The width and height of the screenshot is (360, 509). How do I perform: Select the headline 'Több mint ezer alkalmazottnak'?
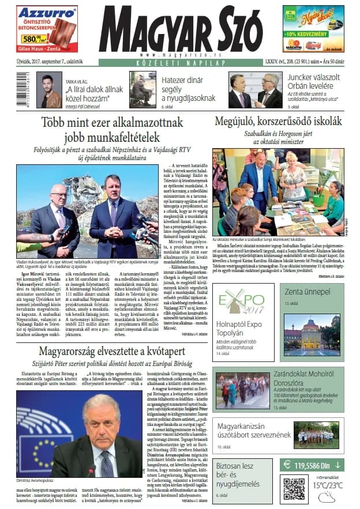coord(112,122)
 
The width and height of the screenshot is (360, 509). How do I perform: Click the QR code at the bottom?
coord(294,488)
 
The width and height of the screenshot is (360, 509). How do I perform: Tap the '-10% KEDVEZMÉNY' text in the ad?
coord(314,33)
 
